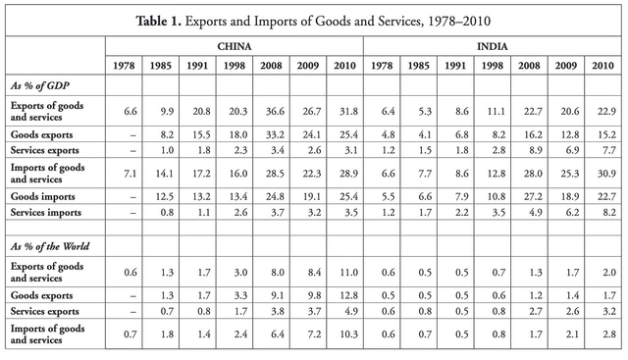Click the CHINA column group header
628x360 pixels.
tap(234, 46)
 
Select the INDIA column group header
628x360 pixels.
tap(493, 46)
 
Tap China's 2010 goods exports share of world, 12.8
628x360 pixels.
tap(342, 294)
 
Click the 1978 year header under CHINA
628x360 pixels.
tap(123, 68)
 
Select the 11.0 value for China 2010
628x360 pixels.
tap(342, 272)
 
